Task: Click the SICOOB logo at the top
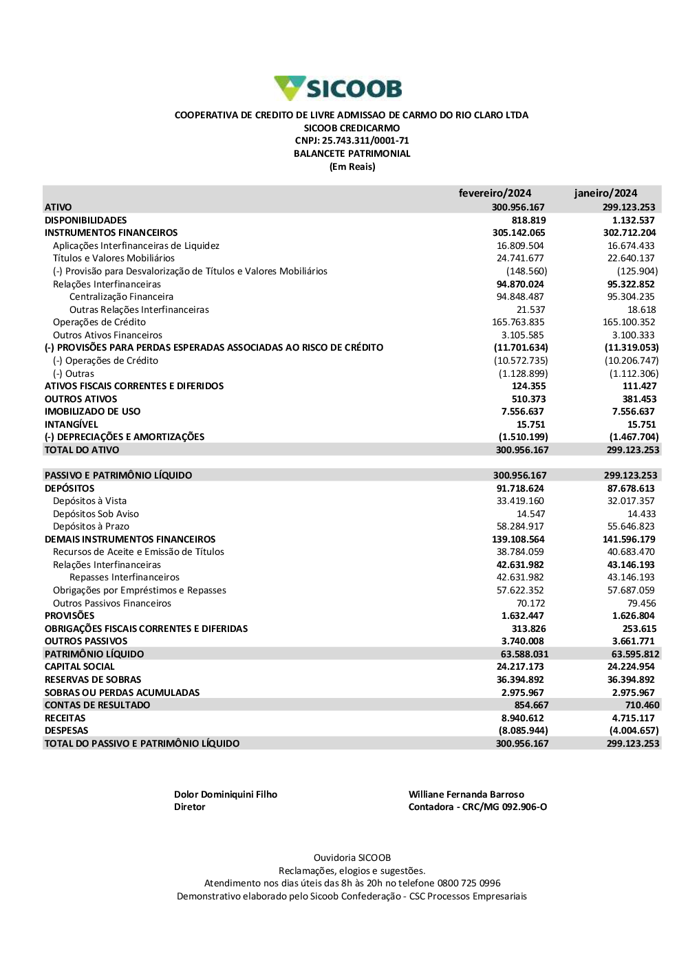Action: (x=338, y=89)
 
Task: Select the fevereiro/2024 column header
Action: (x=495, y=193)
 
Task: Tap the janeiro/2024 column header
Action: (x=605, y=193)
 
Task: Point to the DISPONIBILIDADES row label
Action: (x=86, y=220)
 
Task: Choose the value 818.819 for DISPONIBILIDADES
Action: (x=528, y=220)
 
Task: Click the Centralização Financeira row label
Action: (x=121, y=297)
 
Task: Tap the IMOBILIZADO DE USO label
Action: (x=92, y=412)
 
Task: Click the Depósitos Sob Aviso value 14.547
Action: (x=530, y=514)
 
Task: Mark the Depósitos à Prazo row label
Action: (x=91, y=527)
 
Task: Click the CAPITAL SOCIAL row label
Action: (x=80, y=667)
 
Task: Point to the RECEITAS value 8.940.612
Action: (x=522, y=719)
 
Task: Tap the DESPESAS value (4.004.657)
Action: (x=634, y=731)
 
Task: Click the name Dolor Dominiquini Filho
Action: (x=226, y=795)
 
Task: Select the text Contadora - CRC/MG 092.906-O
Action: (x=477, y=807)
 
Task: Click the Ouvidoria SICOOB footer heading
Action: (x=352, y=858)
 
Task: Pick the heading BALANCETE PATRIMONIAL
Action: (x=352, y=154)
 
